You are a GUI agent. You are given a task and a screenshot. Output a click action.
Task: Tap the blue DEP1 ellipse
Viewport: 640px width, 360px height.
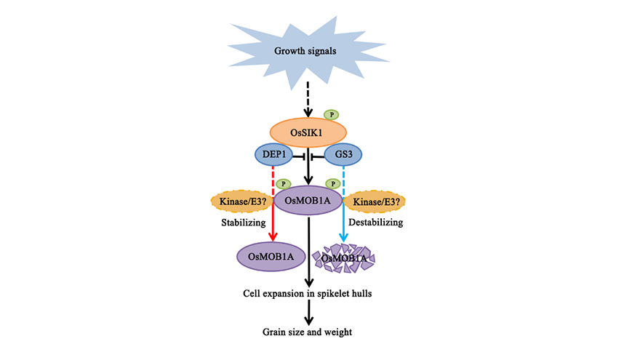[272, 155]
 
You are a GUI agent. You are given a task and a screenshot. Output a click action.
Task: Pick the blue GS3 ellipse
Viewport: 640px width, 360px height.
[345, 155]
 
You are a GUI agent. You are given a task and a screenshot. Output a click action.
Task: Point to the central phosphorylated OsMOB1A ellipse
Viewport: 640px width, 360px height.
[308, 200]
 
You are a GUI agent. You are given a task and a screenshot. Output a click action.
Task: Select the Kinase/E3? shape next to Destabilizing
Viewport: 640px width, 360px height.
[375, 199]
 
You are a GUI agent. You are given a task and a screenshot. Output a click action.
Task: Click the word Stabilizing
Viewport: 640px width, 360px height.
[244, 221]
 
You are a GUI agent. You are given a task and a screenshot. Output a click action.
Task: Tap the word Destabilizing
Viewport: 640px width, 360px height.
[376, 221]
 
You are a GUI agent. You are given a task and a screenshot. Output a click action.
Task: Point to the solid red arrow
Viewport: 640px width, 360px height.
[272, 225]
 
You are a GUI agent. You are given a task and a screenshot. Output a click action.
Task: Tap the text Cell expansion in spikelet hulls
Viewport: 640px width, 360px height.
[309, 294]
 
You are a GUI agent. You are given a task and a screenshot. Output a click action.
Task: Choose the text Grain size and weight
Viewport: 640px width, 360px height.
[309, 332]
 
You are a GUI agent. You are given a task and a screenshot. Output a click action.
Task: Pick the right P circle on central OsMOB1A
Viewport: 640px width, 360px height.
[333, 183]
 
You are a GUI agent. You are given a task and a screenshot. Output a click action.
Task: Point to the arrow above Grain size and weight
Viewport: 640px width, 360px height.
[309, 313]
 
